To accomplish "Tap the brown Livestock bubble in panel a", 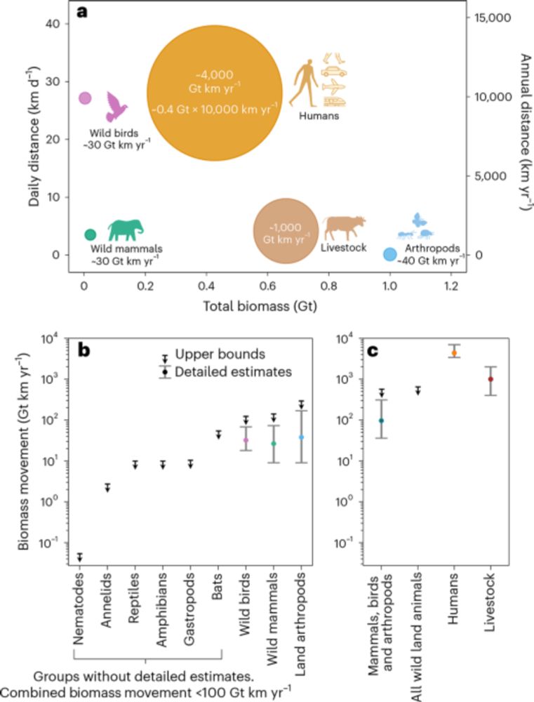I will click(x=284, y=231).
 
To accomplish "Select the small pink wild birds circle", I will click(x=85, y=98).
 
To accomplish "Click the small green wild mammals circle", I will click(x=90, y=234).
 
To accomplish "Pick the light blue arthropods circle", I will click(x=390, y=255).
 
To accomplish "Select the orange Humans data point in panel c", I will click(x=454, y=353).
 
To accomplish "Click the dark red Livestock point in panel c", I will click(x=490, y=379).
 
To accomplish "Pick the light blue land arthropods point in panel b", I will click(x=300, y=437).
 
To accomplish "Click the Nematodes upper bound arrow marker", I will click(x=80, y=557).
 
